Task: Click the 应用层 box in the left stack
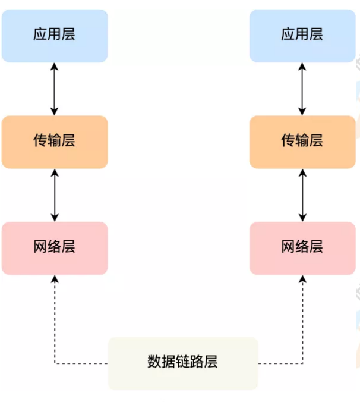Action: (54, 35)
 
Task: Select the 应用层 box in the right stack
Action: (302, 35)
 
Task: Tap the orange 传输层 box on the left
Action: (54, 142)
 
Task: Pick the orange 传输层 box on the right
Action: (302, 142)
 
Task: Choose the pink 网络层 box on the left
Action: (54, 247)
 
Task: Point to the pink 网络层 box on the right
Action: (302, 247)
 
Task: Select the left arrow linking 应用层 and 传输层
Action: (54, 89)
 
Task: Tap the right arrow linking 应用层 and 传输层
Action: (302, 89)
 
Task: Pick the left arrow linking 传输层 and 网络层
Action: (54, 195)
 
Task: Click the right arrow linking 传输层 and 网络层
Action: (302, 195)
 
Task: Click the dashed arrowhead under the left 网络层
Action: (55, 279)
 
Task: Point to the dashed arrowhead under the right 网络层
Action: (302, 279)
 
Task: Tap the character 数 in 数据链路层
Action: (154, 362)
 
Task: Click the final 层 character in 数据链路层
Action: (211, 362)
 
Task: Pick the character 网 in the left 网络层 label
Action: (40, 247)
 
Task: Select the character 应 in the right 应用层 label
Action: (288, 34)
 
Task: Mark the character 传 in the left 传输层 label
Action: (40, 141)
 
